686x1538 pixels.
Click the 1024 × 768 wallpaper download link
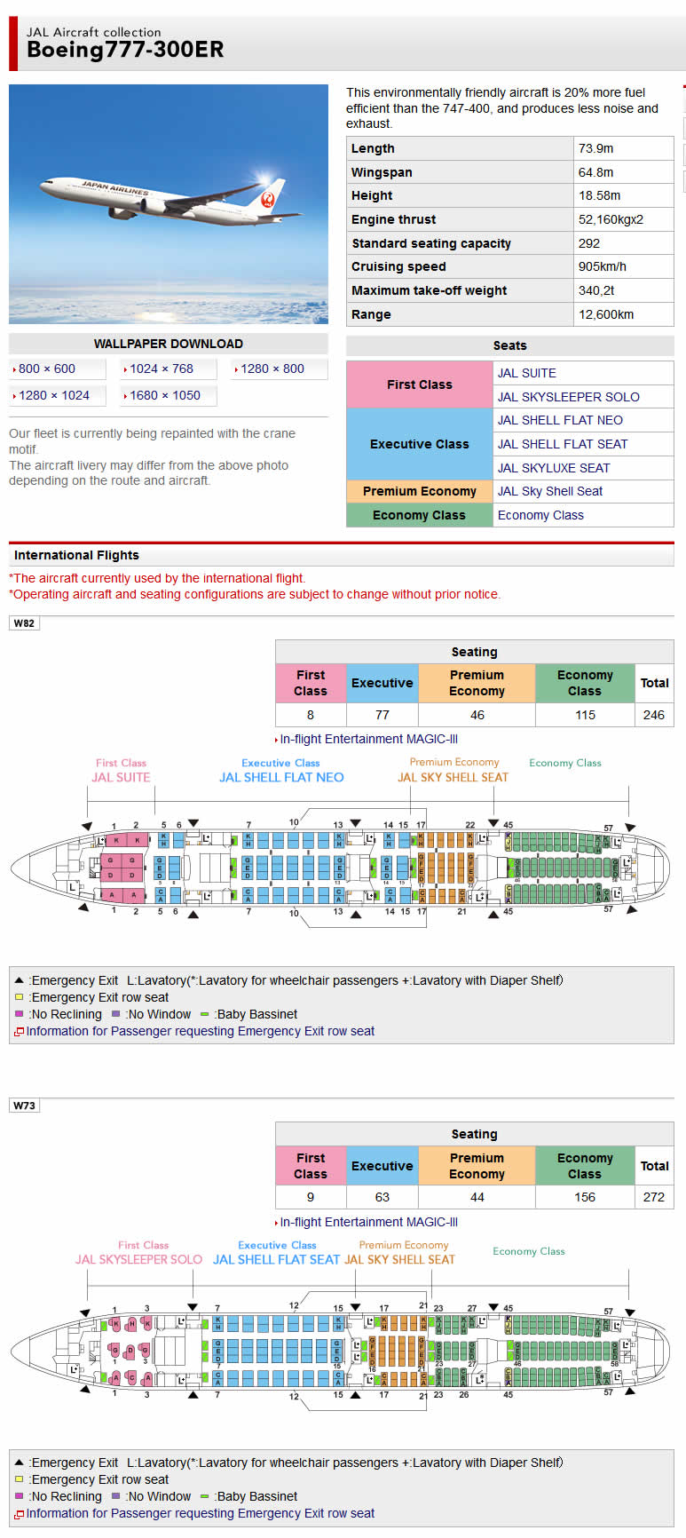(x=161, y=369)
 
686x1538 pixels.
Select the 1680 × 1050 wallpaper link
(x=164, y=395)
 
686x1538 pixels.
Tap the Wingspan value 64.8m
(x=595, y=172)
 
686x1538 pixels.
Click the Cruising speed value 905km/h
(x=602, y=266)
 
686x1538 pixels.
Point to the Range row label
(x=371, y=314)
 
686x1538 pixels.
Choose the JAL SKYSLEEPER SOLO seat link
(x=568, y=397)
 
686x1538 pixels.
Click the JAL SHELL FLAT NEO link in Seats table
(x=560, y=420)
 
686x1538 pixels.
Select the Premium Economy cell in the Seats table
(x=419, y=491)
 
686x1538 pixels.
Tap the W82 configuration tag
(x=24, y=623)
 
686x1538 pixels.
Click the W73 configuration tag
(x=24, y=1106)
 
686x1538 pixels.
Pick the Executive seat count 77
(x=382, y=715)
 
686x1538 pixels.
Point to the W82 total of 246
(x=653, y=715)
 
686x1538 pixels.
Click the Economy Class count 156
(x=584, y=1197)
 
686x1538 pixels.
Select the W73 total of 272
(x=653, y=1197)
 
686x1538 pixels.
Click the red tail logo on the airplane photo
(x=268, y=199)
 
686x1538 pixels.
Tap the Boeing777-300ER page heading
(x=125, y=50)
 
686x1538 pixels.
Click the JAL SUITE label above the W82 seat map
(x=121, y=777)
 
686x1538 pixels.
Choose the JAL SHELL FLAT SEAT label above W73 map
(x=276, y=1259)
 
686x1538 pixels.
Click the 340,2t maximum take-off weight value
(x=596, y=290)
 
